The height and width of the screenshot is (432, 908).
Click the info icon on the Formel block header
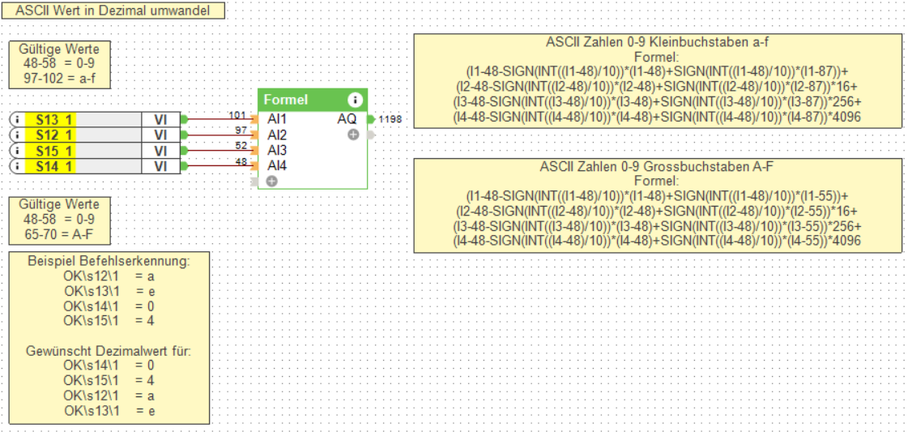(354, 101)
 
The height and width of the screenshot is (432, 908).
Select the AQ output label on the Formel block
(346, 119)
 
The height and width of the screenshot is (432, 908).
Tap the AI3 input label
(277, 151)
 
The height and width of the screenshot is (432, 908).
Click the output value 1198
(390, 120)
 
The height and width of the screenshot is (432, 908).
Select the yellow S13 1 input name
(53, 119)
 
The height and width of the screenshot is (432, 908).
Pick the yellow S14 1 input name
(53, 166)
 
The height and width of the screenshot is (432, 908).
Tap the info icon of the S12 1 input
(16, 135)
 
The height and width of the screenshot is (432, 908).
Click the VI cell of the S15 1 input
(160, 151)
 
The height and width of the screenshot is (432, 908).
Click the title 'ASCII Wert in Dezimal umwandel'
(113, 11)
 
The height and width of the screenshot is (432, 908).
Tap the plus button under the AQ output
(353, 135)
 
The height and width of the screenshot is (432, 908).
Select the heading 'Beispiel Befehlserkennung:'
(109, 262)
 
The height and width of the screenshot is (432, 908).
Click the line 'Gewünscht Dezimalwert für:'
(109, 353)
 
